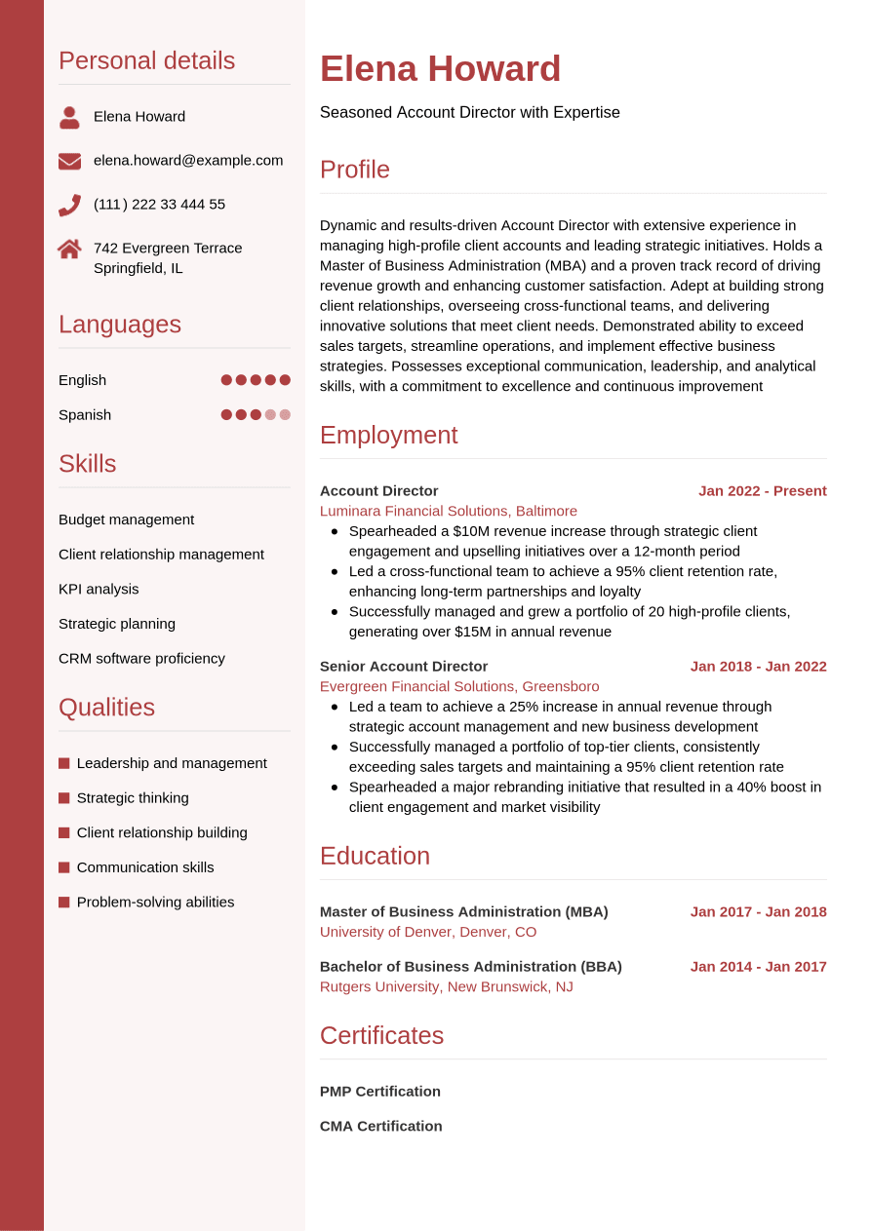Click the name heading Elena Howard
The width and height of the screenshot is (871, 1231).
tap(440, 69)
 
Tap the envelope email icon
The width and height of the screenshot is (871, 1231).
tap(69, 161)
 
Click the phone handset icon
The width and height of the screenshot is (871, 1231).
tap(69, 205)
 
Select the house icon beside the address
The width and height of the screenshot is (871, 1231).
tap(69, 249)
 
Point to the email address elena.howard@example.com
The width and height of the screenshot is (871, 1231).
tap(188, 160)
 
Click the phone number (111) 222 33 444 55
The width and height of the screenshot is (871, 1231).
tap(159, 204)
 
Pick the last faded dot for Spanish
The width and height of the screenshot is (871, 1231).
tap(285, 414)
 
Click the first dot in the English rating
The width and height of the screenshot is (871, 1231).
tap(226, 380)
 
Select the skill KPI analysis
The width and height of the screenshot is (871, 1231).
tap(99, 589)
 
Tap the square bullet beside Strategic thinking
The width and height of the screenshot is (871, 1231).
tap(64, 798)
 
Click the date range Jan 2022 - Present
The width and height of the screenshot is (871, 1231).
tap(762, 490)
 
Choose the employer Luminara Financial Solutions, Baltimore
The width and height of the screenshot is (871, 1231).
tap(448, 511)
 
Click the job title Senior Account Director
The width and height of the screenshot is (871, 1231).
tap(403, 666)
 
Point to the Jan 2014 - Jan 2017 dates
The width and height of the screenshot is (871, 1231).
tap(758, 966)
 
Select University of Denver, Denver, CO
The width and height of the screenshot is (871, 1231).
tap(427, 932)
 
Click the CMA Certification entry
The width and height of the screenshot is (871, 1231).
tap(380, 1126)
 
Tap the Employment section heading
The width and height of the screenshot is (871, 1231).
tap(388, 435)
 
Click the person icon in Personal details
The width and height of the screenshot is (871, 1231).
tap(69, 117)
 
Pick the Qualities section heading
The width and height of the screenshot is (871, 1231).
tap(106, 707)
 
